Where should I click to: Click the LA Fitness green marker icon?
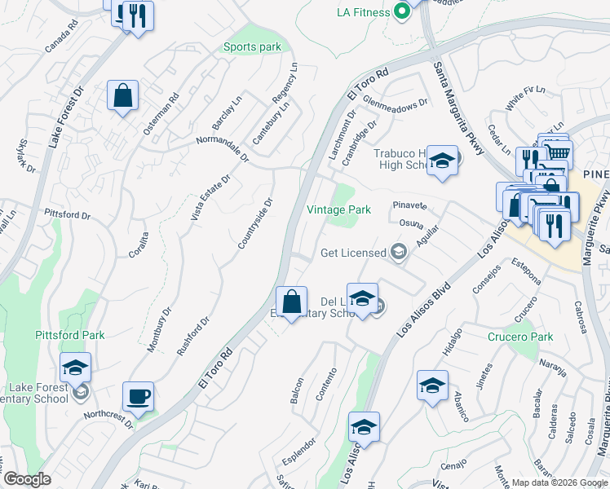[401, 12]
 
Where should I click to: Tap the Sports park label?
[252, 47]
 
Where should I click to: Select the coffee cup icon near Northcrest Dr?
[138, 397]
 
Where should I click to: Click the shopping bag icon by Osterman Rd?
[122, 95]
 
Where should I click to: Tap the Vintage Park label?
[338, 209]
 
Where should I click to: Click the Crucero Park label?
[519, 337]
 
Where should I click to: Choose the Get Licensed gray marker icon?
[398, 251]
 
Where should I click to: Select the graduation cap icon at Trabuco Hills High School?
[442, 161]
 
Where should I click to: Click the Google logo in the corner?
[26, 479]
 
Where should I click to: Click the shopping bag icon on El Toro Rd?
[291, 302]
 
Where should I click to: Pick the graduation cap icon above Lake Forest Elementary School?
[75, 368]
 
